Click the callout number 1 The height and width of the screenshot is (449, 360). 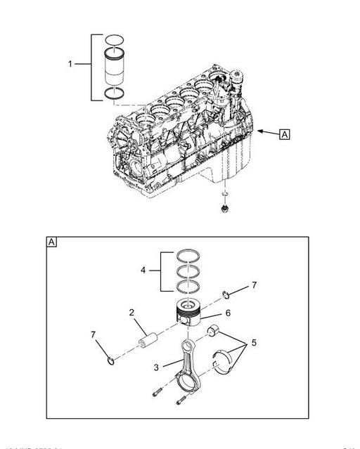coord(70,64)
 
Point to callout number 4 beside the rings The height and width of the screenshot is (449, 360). coord(143,270)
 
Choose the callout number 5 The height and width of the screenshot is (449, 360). coord(254,344)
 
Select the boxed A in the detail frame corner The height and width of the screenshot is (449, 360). coord(52,242)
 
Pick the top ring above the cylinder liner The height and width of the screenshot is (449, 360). coord(114,39)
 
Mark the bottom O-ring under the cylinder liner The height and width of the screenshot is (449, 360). coord(114,94)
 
